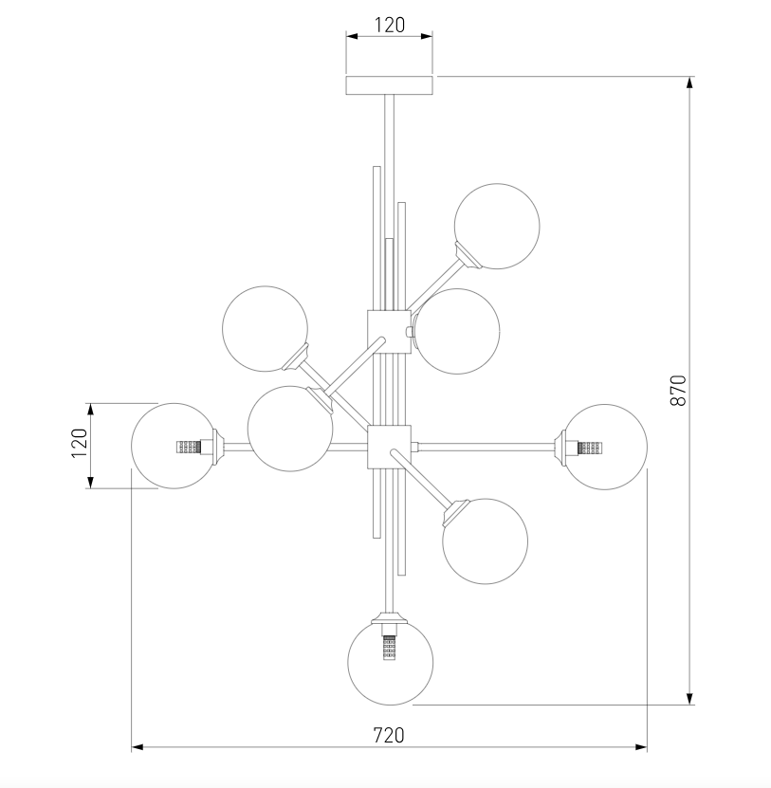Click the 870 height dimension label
[x=678, y=390]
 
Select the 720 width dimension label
[x=388, y=734]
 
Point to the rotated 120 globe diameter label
[x=80, y=443]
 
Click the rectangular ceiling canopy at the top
[x=389, y=85]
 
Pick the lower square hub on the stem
[x=388, y=446]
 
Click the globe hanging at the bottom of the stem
[x=391, y=662]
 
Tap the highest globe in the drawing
[x=497, y=226]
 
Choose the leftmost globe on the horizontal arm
[x=173, y=447]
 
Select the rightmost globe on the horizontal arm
[x=605, y=447]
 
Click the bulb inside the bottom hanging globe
[x=389, y=650]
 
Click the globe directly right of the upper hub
[x=457, y=331]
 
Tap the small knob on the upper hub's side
[x=409, y=332]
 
